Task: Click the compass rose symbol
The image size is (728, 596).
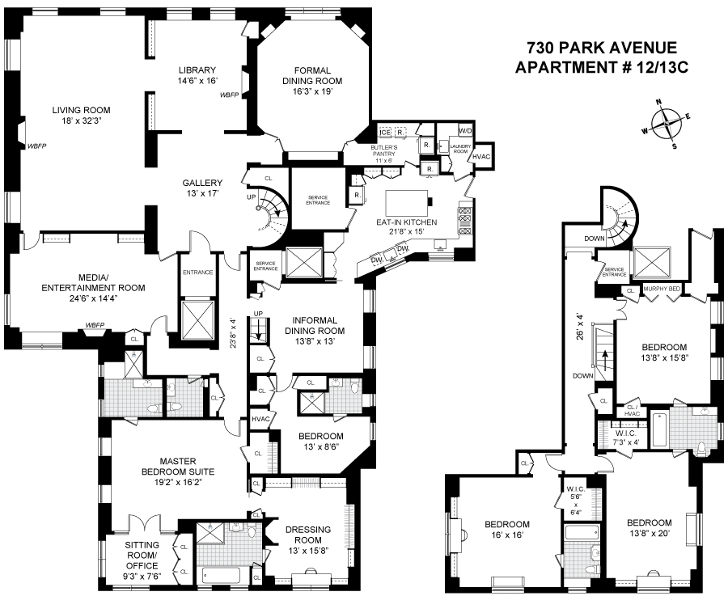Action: (x=667, y=125)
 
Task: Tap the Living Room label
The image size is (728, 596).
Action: (x=81, y=116)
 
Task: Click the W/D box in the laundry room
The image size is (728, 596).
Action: (x=465, y=131)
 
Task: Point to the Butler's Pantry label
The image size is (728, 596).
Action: (x=384, y=154)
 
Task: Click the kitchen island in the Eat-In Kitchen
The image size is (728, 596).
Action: (x=407, y=201)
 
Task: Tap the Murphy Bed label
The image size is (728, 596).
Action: (x=662, y=290)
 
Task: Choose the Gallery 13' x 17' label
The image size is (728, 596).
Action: (x=202, y=188)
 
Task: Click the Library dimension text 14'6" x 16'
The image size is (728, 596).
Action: (x=197, y=80)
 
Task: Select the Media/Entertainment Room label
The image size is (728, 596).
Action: (x=93, y=288)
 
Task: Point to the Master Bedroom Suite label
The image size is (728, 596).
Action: (x=180, y=471)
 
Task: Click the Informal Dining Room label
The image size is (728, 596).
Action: (x=315, y=331)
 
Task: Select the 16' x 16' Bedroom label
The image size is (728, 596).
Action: (x=507, y=530)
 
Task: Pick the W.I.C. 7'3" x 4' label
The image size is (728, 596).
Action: (x=627, y=437)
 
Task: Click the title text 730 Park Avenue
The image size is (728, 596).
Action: (x=602, y=48)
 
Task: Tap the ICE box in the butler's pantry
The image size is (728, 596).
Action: (x=385, y=133)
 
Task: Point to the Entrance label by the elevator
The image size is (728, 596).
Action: (x=198, y=273)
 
